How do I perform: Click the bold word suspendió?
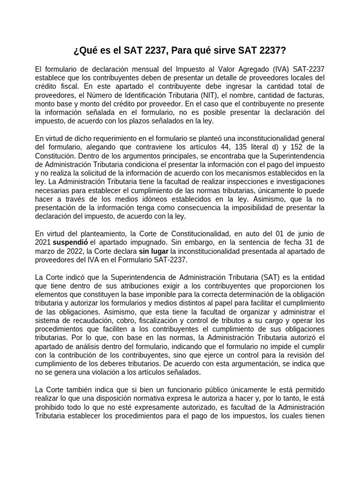point(70,242)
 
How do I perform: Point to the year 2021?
point(43,242)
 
